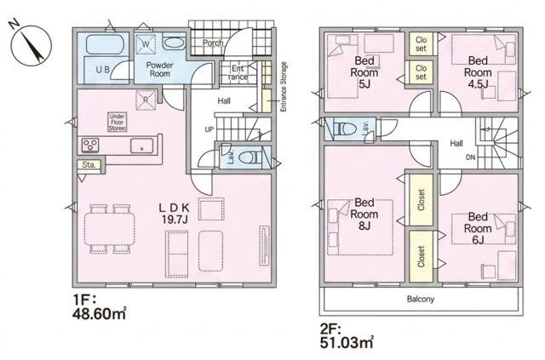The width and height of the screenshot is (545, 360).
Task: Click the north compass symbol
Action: pyautogui.click(x=31, y=44)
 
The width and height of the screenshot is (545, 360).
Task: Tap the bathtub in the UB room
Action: pyautogui.click(x=104, y=44)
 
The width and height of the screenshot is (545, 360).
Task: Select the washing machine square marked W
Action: pyautogui.click(x=146, y=44)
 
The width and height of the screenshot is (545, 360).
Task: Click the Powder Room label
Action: pyautogui.click(x=159, y=69)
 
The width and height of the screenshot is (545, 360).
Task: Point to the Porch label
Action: pyautogui.click(x=213, y=43)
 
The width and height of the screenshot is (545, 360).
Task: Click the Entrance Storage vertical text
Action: pyautogui.click(x=284, y=87)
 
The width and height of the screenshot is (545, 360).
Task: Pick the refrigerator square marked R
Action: pyautogui.click(x=146, y=100)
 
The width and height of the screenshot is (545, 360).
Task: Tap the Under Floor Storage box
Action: pyautogui.click(x=118, y=123)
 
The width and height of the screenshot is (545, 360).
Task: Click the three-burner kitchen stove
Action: pyautogui.click(x=90, y=145)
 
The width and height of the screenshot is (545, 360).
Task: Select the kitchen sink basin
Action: pyautogui.click(x=141, y=146)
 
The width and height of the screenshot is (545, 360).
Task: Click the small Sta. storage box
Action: pyautogui.click(x=89, y=165)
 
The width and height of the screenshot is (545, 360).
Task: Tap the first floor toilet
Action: pyautogui.click(x=250, y=157)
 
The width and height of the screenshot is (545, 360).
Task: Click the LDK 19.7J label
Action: pyautogui.click(x=174, y=214)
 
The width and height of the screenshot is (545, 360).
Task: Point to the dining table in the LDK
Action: pyautogui.click(x=110, y=229)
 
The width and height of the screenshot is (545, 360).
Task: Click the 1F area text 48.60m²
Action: pyautogui.click(x=99, y=308)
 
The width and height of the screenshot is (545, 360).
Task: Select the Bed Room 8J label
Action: pyautogui.click(x=364, y=214)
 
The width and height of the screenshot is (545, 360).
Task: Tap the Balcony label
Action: pyautogui.click(x=421, y=299)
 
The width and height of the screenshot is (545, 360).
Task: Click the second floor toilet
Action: pyautogui.click(x=345, y=129)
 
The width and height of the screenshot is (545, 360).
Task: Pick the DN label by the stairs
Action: pyautogui.click(x=470, y=157)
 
